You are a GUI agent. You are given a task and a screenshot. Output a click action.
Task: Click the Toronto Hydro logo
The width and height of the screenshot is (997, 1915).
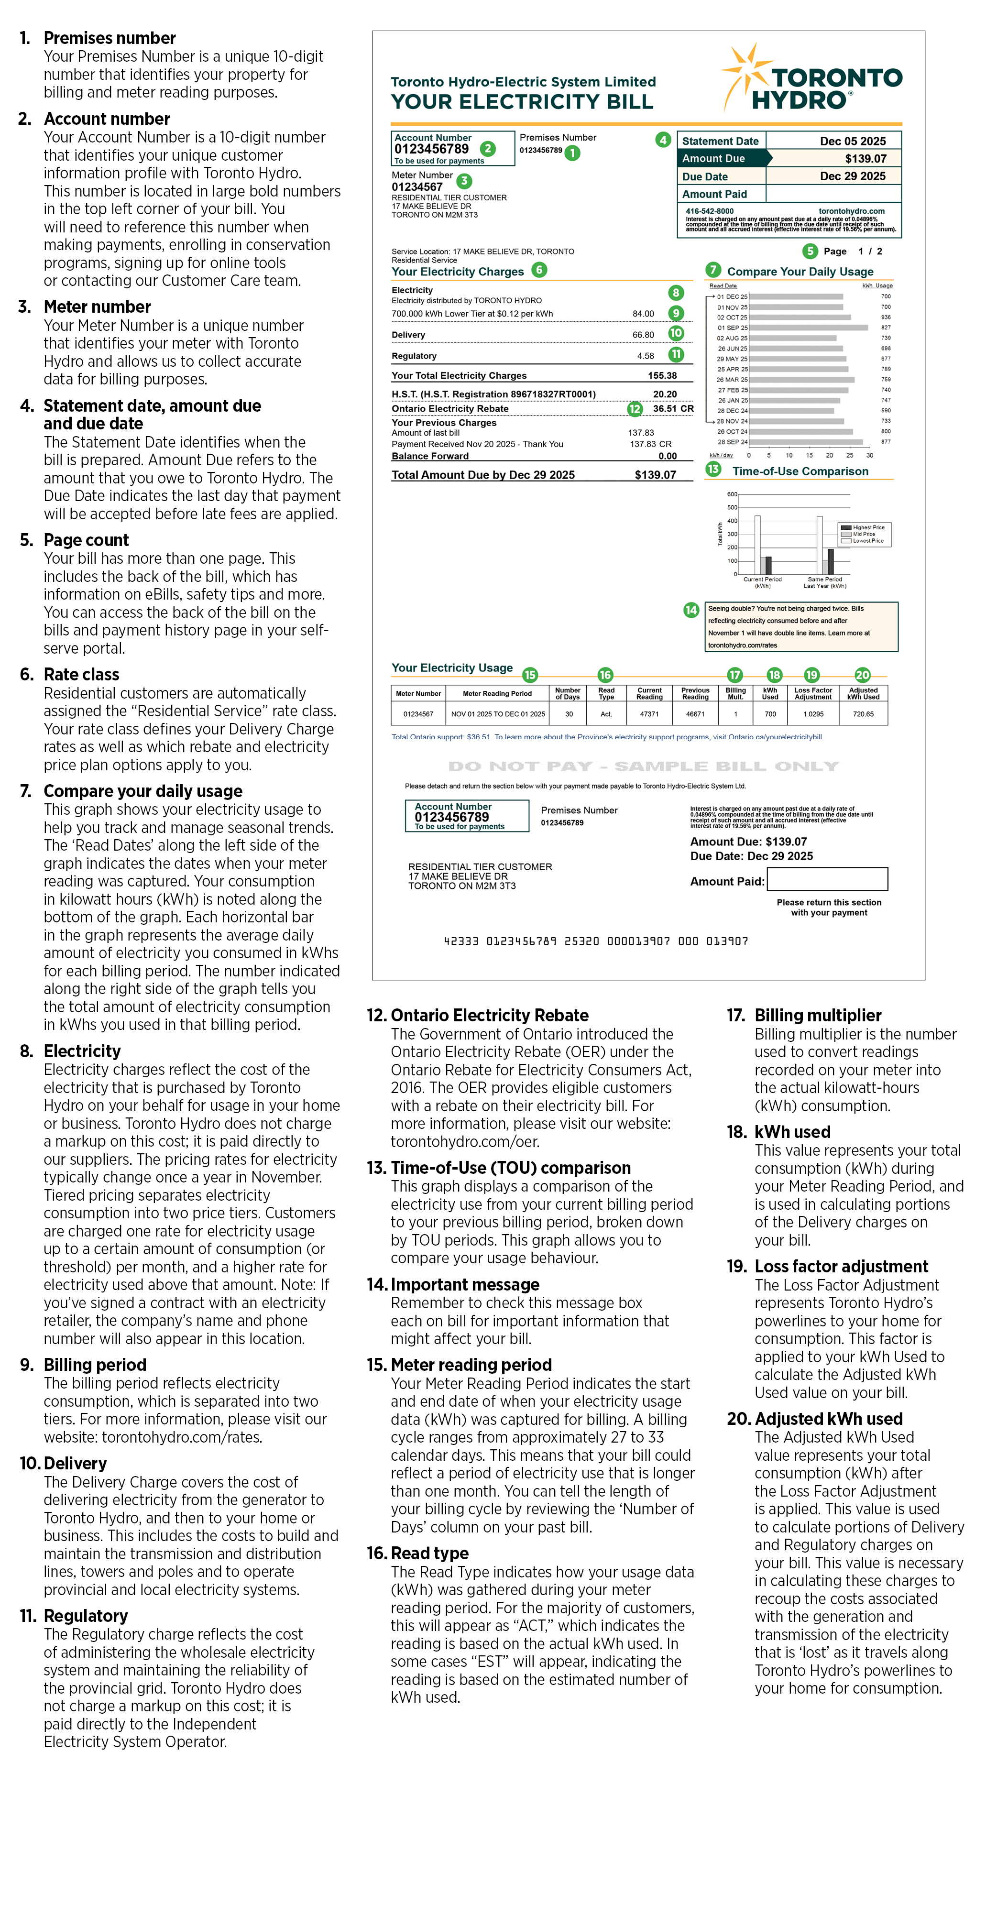click(812, 79)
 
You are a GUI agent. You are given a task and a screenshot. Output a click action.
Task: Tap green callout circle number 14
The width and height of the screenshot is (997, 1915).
click(690, 610)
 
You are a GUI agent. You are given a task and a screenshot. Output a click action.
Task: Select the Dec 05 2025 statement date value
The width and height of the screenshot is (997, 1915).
click(852, 141)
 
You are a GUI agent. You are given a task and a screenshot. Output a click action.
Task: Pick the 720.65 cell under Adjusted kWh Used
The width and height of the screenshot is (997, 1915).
click(863, 714)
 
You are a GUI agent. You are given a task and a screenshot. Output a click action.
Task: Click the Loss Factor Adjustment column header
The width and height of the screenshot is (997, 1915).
click(812, 694)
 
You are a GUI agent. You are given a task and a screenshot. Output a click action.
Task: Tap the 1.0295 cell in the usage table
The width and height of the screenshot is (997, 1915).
click(812, 714)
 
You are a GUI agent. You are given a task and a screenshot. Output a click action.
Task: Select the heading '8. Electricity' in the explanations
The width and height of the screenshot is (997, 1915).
click(82, 1051)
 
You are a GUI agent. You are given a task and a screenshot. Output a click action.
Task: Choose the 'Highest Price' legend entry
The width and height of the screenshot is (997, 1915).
click(867, 527)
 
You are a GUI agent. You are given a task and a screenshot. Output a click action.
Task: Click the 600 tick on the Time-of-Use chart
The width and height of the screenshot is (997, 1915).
click(732, 494)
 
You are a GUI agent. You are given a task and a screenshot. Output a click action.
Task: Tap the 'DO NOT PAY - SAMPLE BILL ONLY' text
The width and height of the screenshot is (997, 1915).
click(643, 766)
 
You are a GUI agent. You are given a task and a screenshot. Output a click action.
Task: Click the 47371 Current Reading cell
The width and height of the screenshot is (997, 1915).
click(649, 714)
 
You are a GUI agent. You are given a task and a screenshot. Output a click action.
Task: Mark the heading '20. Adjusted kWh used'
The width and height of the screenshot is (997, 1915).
click(828, 1418)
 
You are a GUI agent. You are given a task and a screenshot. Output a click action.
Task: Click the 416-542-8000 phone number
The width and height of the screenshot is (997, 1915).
click(709, 211)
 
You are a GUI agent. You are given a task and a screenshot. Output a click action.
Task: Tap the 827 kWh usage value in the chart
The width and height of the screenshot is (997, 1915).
click(886, 328)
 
